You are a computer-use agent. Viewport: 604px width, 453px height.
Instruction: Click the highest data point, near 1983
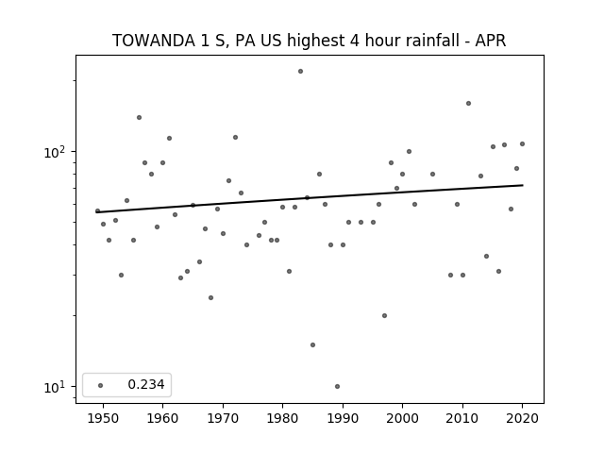300,72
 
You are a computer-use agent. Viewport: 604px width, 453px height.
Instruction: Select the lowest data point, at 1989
338,386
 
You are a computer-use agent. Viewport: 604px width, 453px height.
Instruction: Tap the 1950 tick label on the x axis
103,418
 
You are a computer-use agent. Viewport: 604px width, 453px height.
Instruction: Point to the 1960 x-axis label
162,418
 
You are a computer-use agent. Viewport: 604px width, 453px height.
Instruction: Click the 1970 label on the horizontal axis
223,418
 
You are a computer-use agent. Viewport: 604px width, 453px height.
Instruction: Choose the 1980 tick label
283,418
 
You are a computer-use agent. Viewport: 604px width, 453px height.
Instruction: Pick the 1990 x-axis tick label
343,418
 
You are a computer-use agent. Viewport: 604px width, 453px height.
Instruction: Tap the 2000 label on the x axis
403,418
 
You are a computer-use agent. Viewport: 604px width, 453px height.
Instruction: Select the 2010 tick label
462,418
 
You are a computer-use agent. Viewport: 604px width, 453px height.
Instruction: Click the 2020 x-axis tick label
522,418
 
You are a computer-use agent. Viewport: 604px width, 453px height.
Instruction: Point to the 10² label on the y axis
55,152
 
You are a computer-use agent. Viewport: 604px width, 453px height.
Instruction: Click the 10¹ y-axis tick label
55,387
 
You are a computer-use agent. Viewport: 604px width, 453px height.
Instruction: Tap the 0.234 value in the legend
146,384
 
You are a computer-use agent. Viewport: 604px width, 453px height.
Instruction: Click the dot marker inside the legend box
101,385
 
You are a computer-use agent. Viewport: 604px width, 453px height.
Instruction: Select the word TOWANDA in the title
154,41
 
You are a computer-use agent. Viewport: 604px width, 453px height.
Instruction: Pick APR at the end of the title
491,41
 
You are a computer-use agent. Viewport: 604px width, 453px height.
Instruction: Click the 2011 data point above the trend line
468,103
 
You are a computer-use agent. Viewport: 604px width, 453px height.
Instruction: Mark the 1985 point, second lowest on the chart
312,344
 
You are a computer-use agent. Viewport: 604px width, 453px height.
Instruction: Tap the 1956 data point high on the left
139,117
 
